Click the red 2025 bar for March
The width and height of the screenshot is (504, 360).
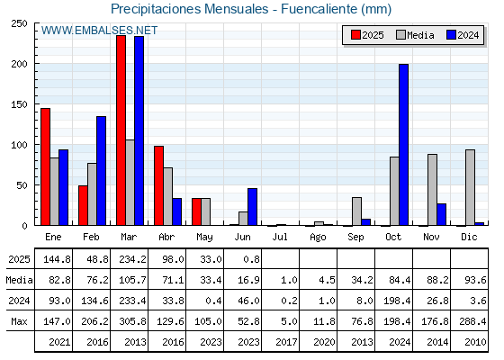click(121, 130)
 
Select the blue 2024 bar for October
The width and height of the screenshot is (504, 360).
click(404, 145)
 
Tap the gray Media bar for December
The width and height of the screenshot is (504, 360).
click(470, 187)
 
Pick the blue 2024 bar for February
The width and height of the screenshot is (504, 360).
click(101, 171)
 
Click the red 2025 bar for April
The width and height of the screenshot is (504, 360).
click(158, 185)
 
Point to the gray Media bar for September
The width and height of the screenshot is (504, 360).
click(356, 211)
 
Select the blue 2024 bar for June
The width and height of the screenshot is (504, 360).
click(252, 207)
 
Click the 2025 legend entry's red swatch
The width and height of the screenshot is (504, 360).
click(355, 35)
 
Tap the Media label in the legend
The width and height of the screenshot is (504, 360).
click(421, 35)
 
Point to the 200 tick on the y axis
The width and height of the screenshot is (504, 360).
click(20, 64)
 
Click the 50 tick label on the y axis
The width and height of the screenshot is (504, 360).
click(22, 185)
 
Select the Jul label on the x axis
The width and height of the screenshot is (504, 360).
click(280, 238)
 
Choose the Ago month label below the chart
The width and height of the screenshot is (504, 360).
click(318, 238)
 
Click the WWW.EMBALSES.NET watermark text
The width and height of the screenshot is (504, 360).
click(99, 31)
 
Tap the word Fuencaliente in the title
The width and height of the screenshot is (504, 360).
click(319, 9)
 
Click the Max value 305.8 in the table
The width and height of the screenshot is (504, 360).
click(132, 321)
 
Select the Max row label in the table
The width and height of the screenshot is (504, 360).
click(19, 321)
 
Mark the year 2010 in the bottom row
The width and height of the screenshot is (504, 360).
click(475, 342)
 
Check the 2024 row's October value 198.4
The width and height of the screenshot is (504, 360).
click(397, 301)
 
